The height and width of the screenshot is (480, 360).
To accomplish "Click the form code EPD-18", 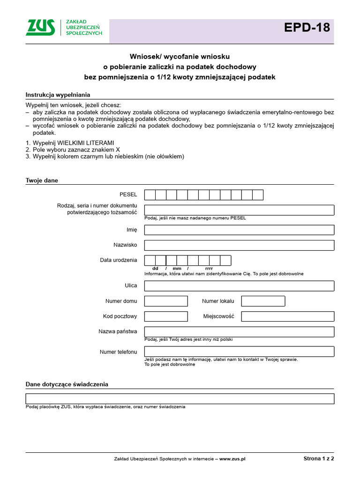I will point(307,28).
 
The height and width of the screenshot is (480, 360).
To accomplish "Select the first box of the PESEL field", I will point(150,195).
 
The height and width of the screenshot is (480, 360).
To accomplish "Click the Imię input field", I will point(239,230).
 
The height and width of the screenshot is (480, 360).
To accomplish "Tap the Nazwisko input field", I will point(239,245).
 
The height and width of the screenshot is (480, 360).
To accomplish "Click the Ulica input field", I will point(239,286).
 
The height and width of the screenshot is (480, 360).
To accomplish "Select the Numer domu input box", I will point(166,301).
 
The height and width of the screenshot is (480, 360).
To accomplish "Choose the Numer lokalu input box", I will point(263,301).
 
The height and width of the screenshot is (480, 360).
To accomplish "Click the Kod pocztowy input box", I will point(166,316).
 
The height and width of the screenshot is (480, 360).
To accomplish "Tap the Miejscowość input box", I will point(287,316).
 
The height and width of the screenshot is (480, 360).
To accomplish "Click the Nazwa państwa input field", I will point(239,331).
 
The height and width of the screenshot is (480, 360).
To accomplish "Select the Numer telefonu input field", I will point(239,352).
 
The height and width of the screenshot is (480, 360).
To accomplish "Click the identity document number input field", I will point(239,210).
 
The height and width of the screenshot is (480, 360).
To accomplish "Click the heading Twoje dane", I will point(42,180).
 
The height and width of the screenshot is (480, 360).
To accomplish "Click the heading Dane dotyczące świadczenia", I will point(67,384).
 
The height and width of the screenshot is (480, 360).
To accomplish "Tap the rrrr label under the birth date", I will point(209,269).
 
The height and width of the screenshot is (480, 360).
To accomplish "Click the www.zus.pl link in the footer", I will point(232,458).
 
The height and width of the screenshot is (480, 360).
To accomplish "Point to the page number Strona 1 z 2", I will point(318,458).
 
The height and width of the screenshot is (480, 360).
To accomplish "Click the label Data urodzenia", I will point(119,260).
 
